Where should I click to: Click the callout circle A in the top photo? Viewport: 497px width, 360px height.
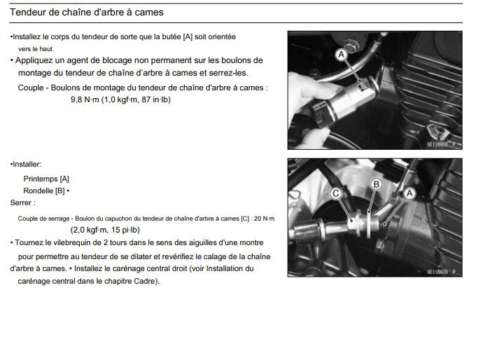341,53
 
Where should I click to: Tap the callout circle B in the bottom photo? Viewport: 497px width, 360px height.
375,184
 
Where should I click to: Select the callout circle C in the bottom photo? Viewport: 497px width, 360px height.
336,193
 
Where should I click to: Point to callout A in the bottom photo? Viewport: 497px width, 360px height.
409,192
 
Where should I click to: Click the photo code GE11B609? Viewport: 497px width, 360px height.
441,270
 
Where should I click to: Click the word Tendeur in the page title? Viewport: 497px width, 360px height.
29,13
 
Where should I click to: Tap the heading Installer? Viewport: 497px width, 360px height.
26,164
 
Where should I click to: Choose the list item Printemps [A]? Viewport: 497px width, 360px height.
46,179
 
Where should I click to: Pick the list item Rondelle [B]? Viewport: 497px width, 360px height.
44,191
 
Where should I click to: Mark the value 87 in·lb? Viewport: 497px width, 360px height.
156,99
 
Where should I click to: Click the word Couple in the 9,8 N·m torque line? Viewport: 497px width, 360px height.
30,88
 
